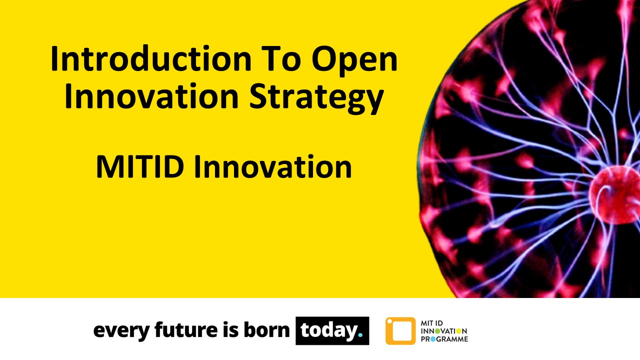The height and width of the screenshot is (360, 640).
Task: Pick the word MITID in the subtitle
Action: [140, 167]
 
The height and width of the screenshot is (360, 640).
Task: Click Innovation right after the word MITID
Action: [272, 167]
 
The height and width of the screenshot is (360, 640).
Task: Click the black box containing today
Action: [332, 330]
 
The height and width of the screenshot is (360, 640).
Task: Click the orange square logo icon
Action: [400, 331]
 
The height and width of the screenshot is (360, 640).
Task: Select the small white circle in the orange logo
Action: [390, 321]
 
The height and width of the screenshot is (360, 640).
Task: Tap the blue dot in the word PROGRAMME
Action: [433, 339]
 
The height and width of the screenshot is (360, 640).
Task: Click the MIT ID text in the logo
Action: [432, 323]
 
